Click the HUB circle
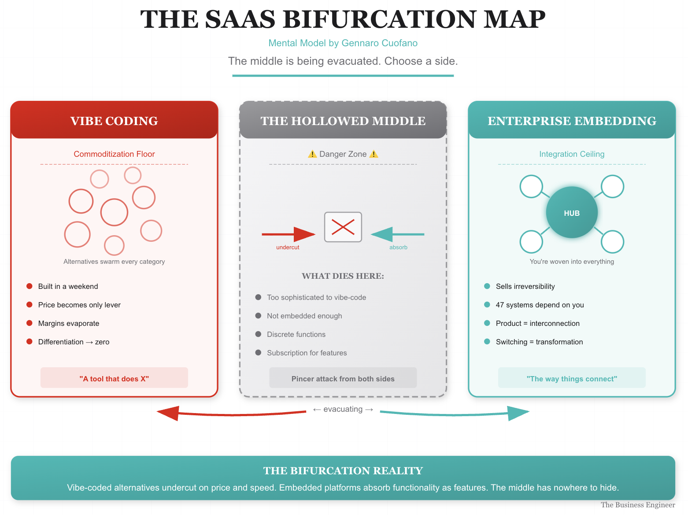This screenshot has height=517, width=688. click(x=572, y=213)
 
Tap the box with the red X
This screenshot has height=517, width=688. click(x=343, y=227)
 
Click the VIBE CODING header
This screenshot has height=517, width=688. click(x=114, y=121)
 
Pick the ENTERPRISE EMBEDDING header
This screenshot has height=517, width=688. click(x=572, y=121)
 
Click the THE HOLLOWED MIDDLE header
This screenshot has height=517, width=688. click(x=343, y=121)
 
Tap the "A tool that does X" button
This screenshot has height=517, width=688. click(x=114, y=378)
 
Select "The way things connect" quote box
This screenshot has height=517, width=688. click(x=572, y=378)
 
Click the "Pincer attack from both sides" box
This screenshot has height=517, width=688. click(x=343, y=378)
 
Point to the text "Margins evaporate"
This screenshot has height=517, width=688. click(x=69, y=323)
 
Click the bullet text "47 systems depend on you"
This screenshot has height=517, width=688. click(x=540, y=305)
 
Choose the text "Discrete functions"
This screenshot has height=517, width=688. click(x=296, y=334)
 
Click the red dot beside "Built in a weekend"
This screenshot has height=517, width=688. click(x=30, y=286)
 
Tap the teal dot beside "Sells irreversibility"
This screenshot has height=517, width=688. click(x=487, y=286)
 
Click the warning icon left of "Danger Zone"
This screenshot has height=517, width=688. click(x=312, y=154)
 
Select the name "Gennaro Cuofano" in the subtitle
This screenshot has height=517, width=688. click(x=379, y=43)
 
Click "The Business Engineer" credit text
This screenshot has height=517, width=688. click(x=637, y=505)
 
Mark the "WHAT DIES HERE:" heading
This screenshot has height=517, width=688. click(x=343, y=276)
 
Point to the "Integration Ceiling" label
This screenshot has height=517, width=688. click(x=572, y=154)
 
